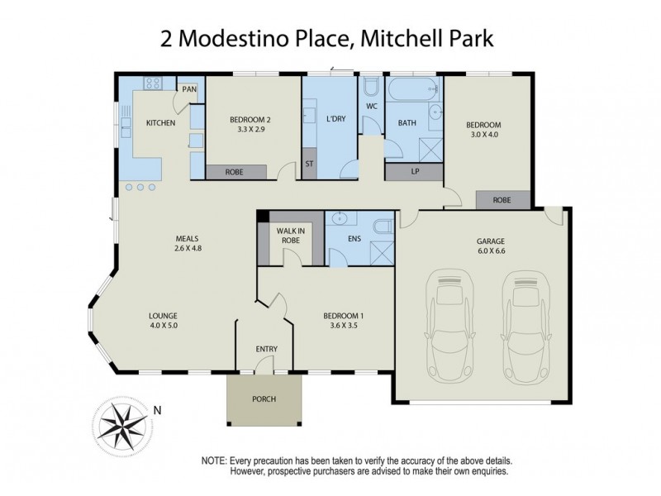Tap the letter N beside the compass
[x=156, y=409]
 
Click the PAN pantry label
[x=189, y=88]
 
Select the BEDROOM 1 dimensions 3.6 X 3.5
[x=344, y=326]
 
